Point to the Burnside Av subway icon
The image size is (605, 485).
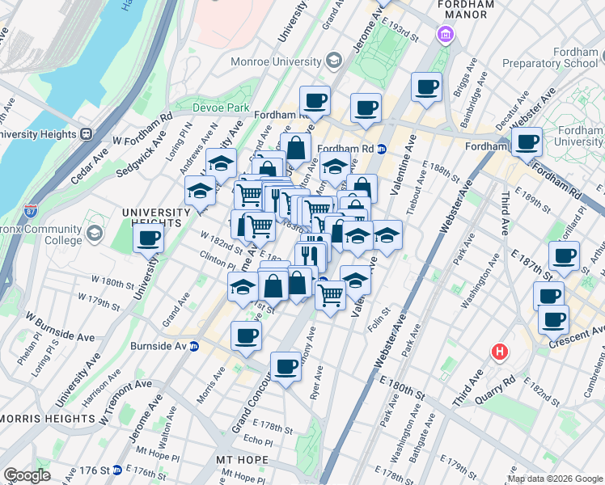(x=194, y=346)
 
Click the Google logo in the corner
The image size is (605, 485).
(x=27, y=474)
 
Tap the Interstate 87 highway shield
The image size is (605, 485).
(x=31, y=213)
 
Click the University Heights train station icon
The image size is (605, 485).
(x=86, y=134)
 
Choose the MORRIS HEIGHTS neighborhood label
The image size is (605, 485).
(x=48, y=418)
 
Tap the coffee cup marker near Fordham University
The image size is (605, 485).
(x=527, y=142)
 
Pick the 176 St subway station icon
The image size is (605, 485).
(x=116, y=470)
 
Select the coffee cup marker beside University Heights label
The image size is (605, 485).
(x=149, y=238)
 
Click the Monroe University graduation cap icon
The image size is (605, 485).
(x=332, y=61)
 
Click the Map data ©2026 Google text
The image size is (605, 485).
(x=554, y=479)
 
